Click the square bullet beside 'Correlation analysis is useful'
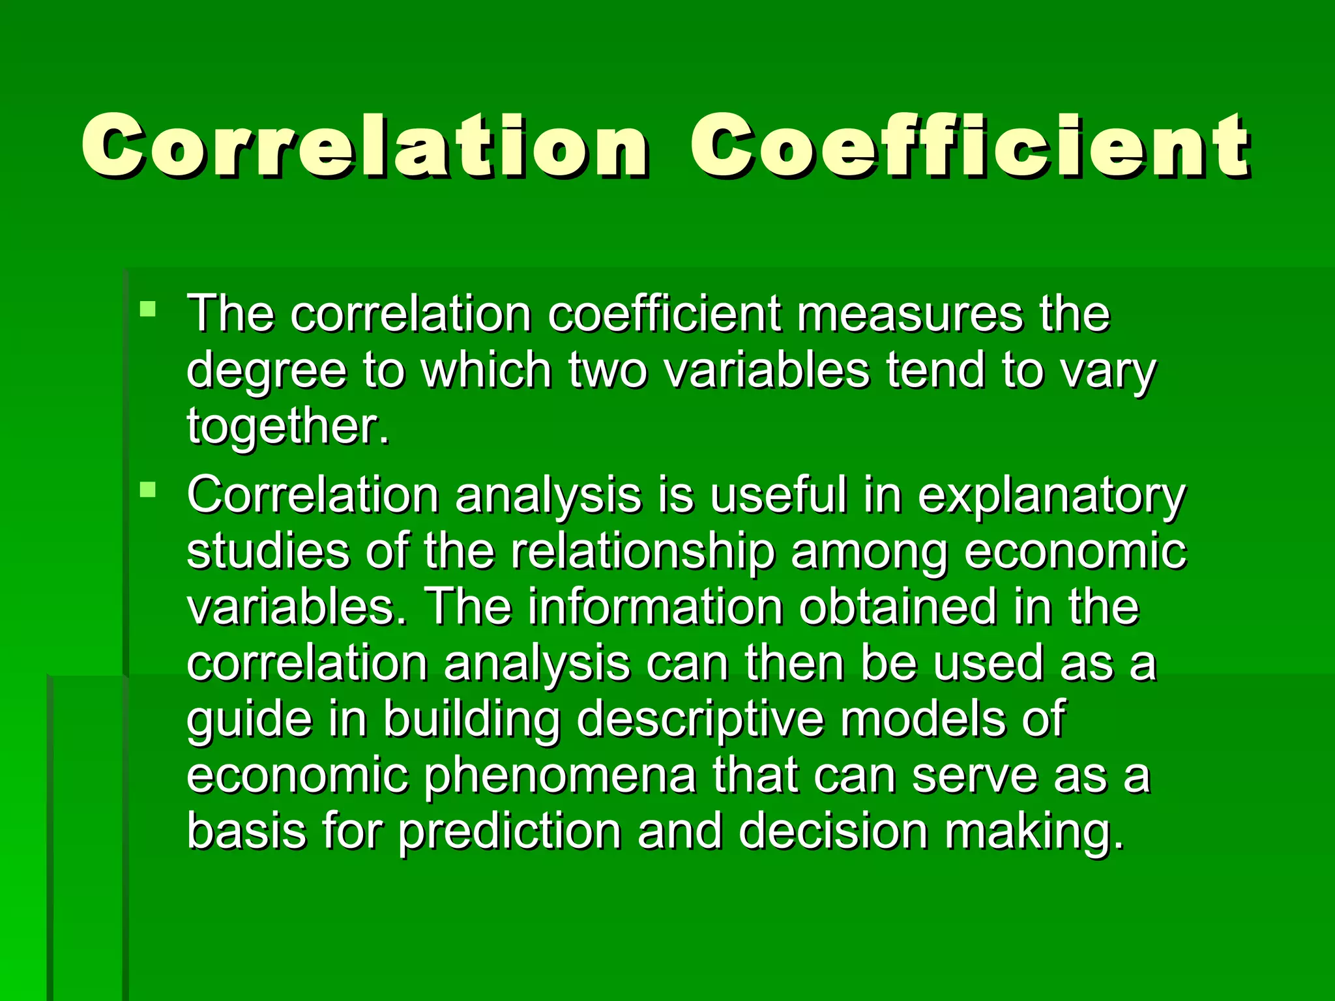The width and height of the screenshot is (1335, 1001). pos(148,489)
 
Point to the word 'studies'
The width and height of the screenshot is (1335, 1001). pos(267,551)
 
